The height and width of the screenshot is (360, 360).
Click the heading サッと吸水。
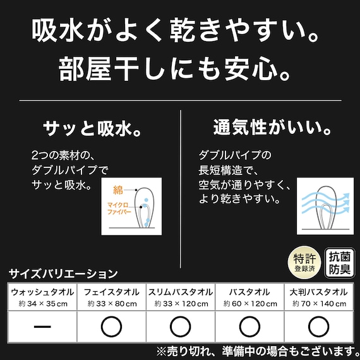click(x=91, y=129)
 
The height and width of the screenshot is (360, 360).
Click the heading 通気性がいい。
click(x=273, y=129)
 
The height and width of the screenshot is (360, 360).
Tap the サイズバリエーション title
click(x=63, y=274)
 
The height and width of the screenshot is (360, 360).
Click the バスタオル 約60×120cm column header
click(x=249, y=297)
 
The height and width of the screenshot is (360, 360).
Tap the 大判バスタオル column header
click(x=318, y=297)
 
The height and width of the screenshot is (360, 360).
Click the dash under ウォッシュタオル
click(x=42, y=327)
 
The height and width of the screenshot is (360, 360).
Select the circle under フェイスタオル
click(x=111, y=327)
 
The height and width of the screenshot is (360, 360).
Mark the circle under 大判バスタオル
click(x=318, y=327)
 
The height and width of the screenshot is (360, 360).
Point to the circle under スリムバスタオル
click(x=180, y=327)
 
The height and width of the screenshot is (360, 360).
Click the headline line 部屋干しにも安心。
click(x=179, y=68)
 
